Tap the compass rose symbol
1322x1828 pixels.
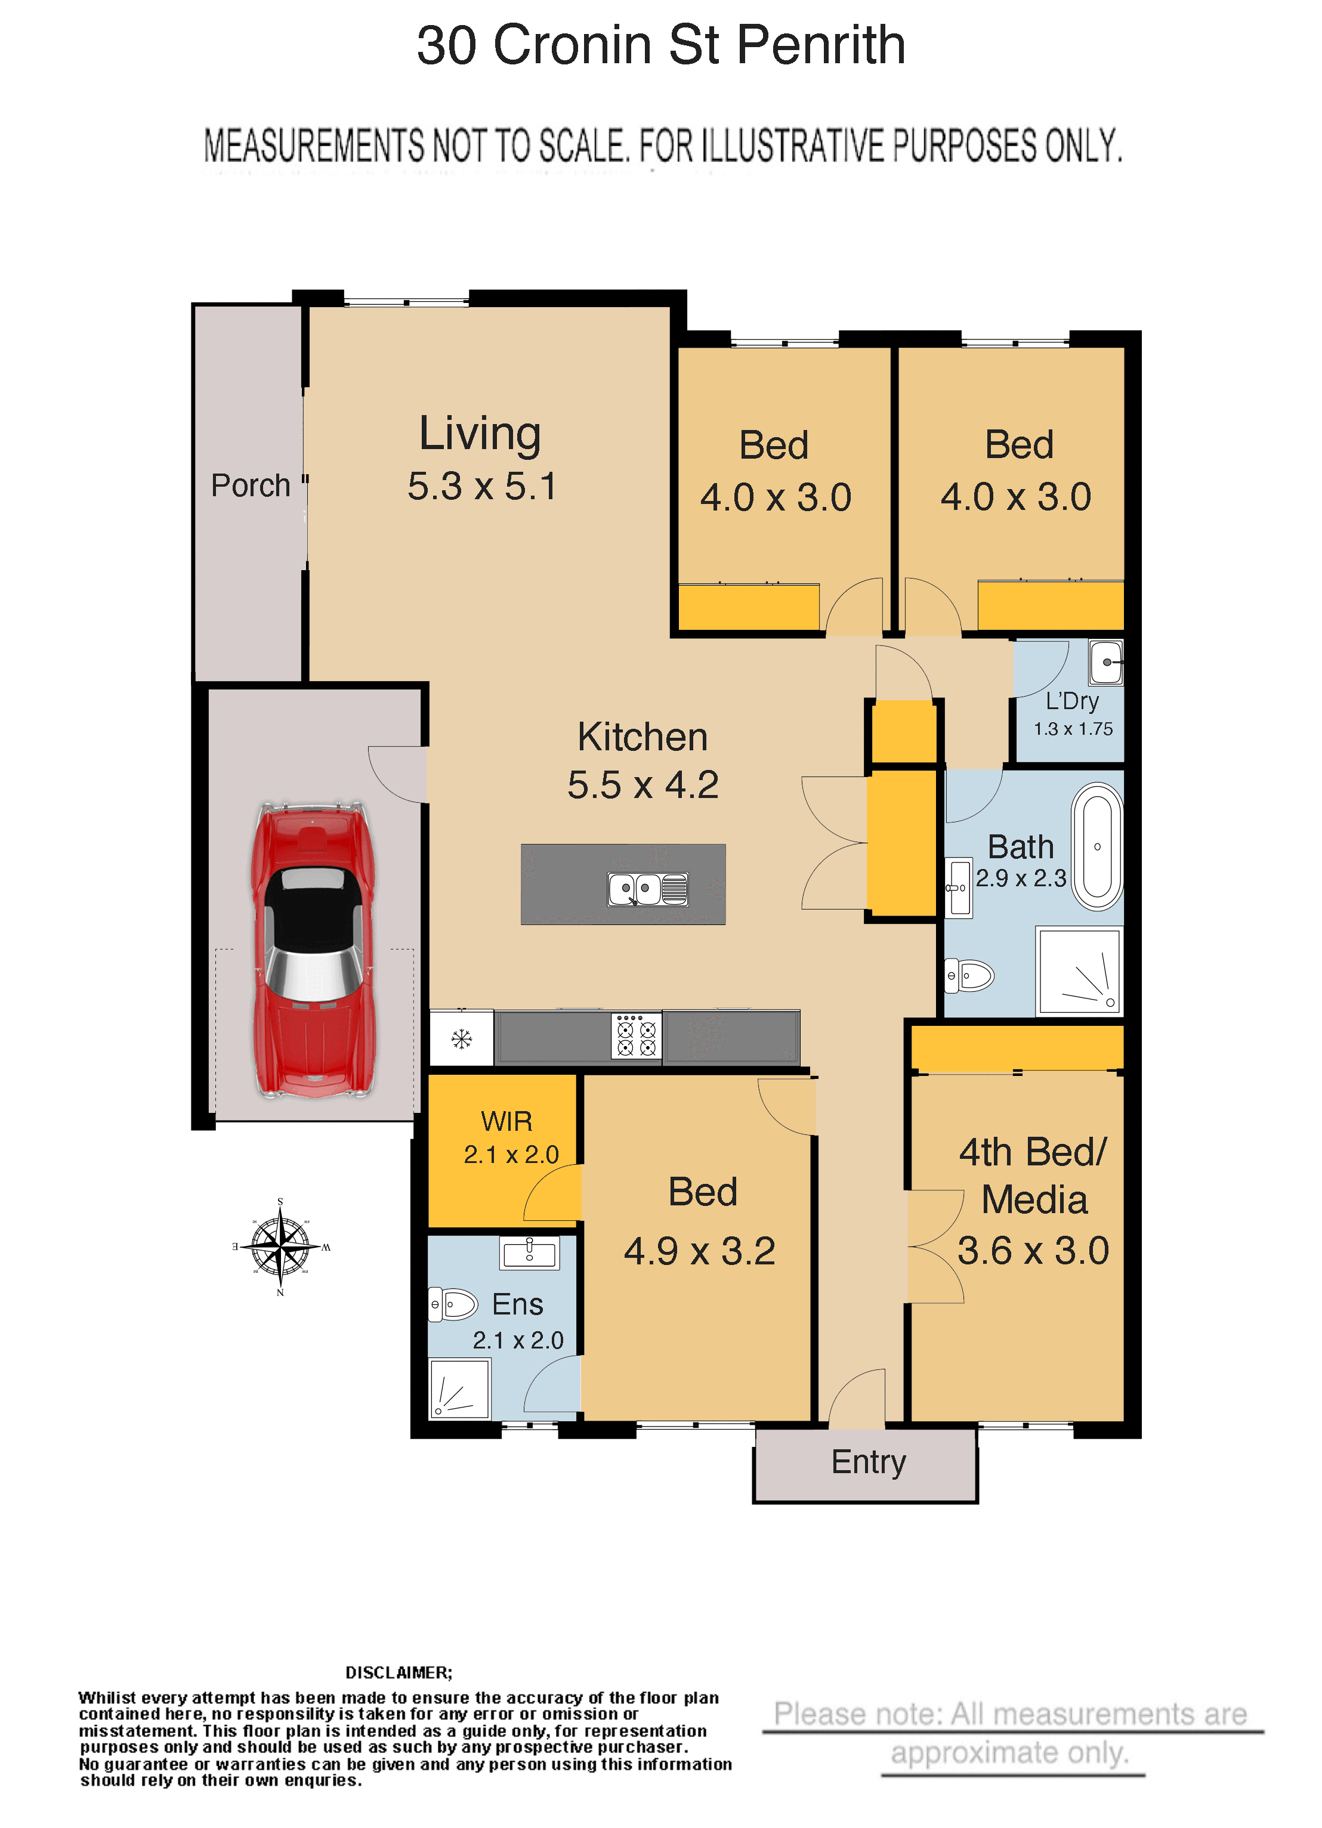tap(280, 1247)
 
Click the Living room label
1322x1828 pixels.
tap(480, 434)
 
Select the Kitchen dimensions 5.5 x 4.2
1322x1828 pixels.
tap(643, 784)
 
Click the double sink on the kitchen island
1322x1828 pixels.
tap(648, 890)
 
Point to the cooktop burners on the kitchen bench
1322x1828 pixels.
tap(636, 1036)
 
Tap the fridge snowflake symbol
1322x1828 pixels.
tap(462, 1039)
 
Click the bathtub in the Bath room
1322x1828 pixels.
tap(1097, 846)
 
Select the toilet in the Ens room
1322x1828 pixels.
tap(453, 1304)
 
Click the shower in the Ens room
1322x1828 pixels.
tap(459, 1388)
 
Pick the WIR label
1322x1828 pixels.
tap(506, 1121)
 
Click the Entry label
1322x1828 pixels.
tap(868, 1462)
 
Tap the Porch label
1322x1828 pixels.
tap(250, 485)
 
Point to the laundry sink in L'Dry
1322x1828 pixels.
tap(1106, 662)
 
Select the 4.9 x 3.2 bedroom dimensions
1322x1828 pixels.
tap(700, 1251)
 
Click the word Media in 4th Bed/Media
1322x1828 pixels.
tap(1034, 1200)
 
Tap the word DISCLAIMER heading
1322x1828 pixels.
tap(399, 1672)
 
